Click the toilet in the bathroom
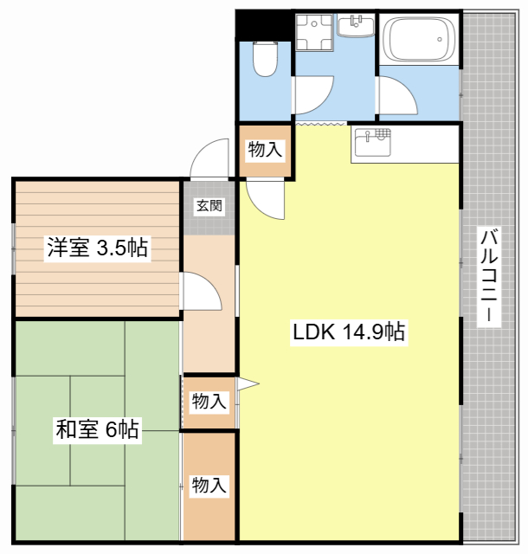(263, 59)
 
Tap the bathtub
(418, 39)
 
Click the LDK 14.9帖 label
(349, 331)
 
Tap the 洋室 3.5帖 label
(97, 249)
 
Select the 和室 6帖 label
(97, 428)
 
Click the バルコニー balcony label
(489, 275)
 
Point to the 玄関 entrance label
(209, 206)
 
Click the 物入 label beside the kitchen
(265, 150)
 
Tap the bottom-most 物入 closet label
(209, 485)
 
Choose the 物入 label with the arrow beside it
(209, 402)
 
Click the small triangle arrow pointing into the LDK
(248, 383)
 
